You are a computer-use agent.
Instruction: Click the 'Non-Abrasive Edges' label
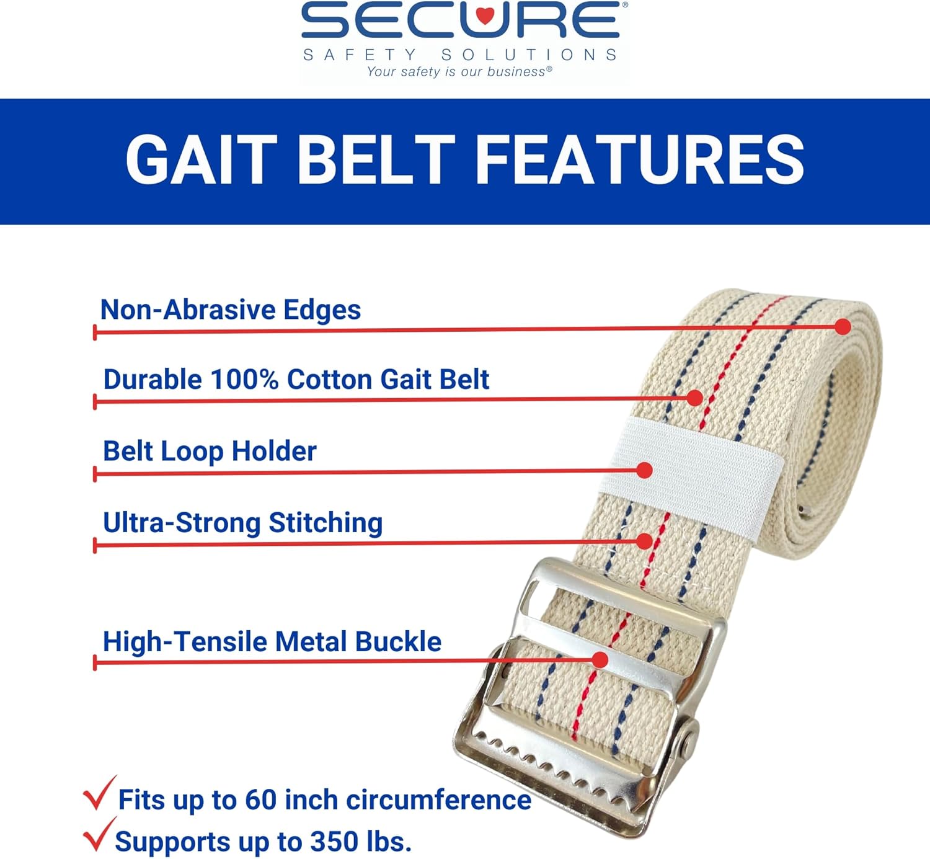coord(230,309)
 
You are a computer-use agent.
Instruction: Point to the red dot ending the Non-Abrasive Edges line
coord(843,326)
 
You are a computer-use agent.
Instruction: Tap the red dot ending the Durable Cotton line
coord(695,398)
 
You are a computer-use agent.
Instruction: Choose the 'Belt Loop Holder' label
coord(210,451)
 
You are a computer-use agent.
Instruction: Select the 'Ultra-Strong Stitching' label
coord(242,523)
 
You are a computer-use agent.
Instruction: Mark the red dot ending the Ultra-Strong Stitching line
coord(645,541)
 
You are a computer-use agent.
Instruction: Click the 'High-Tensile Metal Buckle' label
coord(272,642)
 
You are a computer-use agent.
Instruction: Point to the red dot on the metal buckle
coord(600,659)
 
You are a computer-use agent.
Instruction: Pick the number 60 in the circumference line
coord(260,800)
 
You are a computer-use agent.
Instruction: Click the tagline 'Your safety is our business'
coord(459,72)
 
